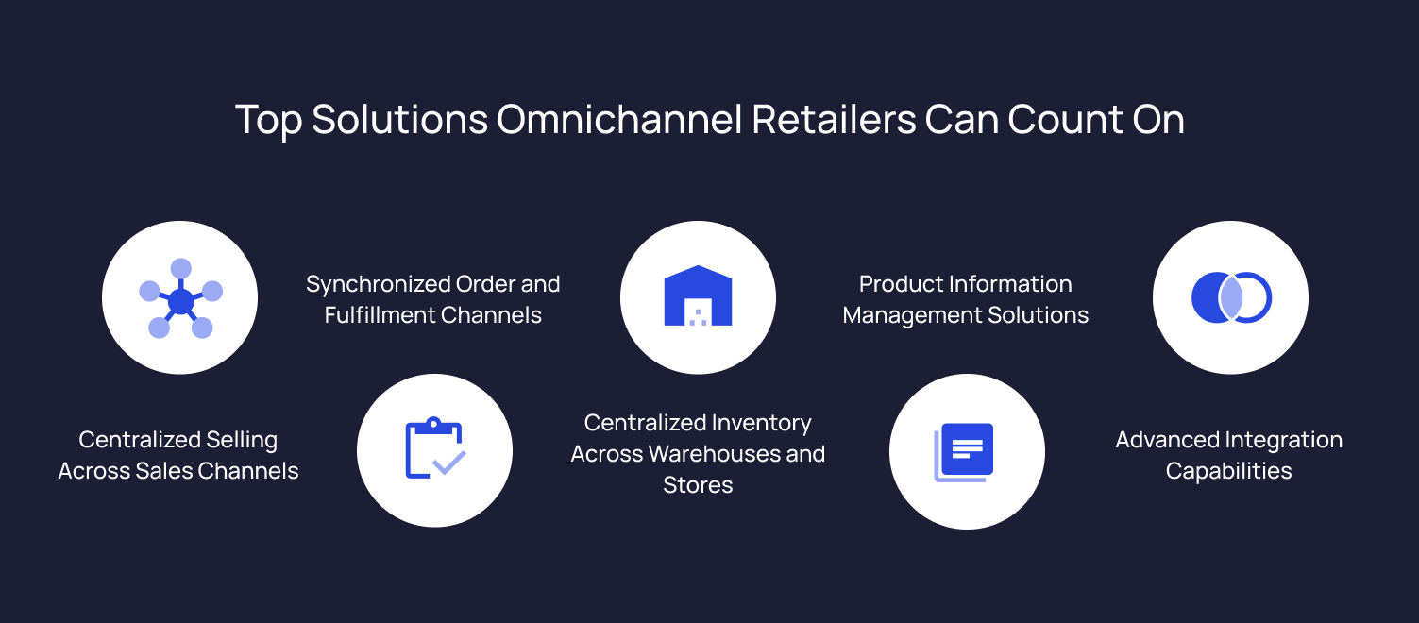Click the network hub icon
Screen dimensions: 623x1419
[x=179, y=299]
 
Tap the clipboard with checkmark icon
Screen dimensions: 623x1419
[x=434, y=449]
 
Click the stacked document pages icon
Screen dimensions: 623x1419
[x=965, y=451]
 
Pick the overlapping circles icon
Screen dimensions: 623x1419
[x=1230, y=297]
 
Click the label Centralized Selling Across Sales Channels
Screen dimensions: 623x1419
[x=178, y=455]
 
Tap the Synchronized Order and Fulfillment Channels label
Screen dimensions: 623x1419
[x=433, y=299]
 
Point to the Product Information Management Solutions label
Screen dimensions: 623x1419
[x=965, y=299]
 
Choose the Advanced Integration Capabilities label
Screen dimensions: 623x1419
[x=1228, y=455]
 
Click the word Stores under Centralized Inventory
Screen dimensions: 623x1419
[x=698, y=485]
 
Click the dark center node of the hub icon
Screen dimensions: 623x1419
[x=180, y=302]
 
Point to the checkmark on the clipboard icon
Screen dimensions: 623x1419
[x=448, y=463]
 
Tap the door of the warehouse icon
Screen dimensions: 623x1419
[x=698, y=313]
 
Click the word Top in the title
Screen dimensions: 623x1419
[x=268, y=121]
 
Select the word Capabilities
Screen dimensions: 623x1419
[x=1228, y=471]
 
